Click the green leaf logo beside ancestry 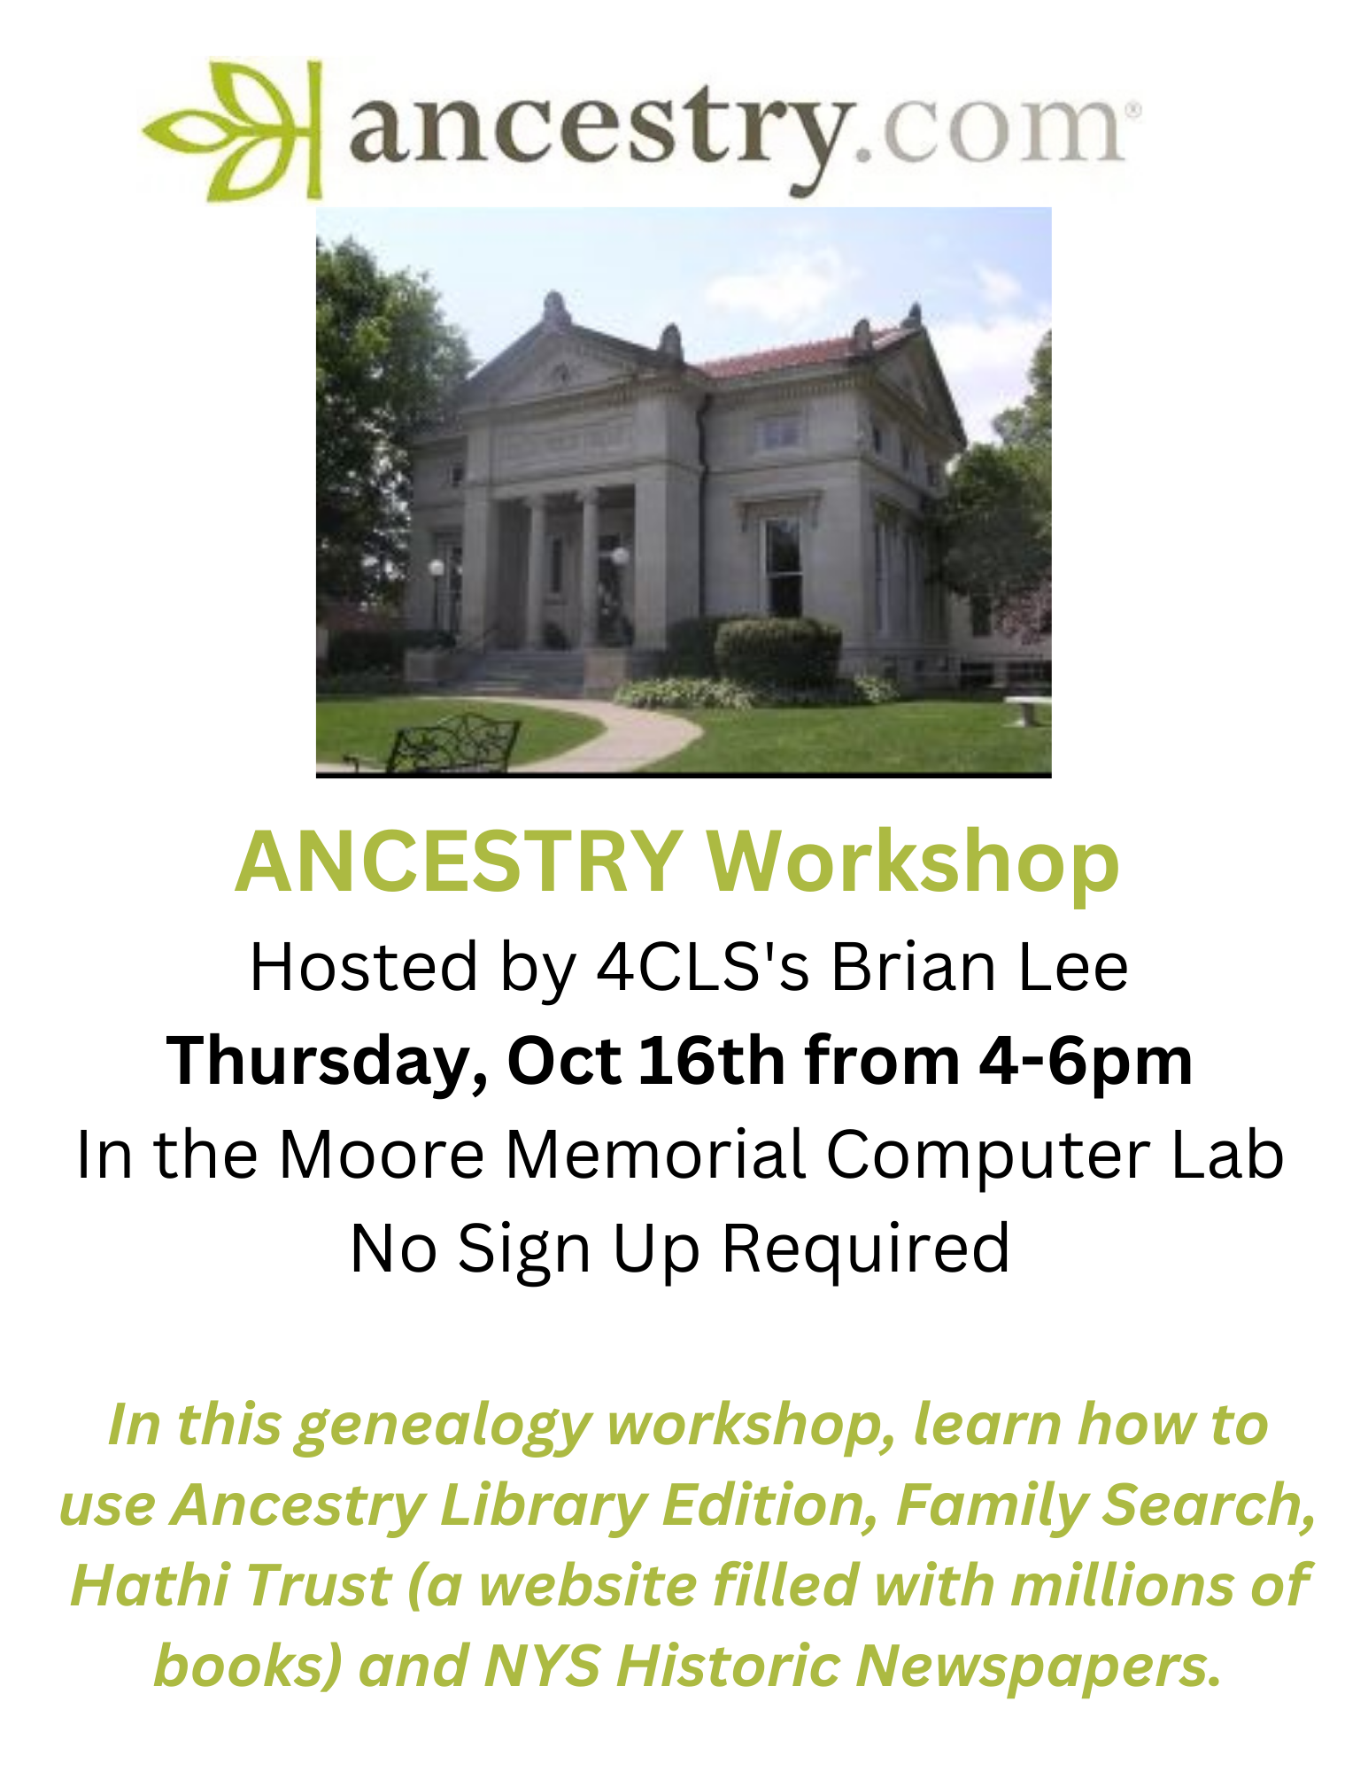(x=232, y=130)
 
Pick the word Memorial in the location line (x=654, y=1155)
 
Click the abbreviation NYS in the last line (x=542, y=1665)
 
